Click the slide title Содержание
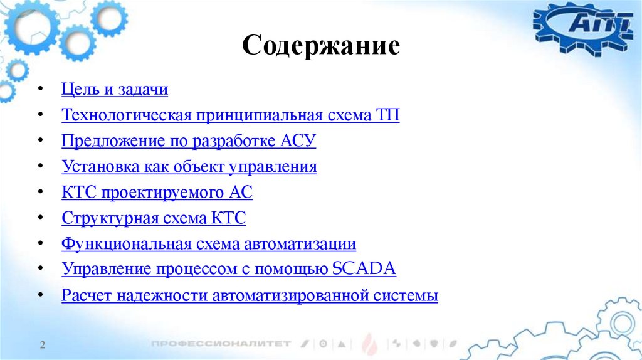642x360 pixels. (x=320, y=46)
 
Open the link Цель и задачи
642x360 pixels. (x=115, y=90)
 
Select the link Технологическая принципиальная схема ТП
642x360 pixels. (x=230, y=115)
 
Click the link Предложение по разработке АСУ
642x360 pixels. (x=189, y=141)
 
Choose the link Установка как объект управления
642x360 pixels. (x=189, y=167)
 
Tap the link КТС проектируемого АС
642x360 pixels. (x=157, y=193)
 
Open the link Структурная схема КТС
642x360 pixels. (x=154, y=218)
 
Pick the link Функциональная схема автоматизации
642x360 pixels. (x=209, y=244)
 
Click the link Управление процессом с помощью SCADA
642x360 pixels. (x=229, y=270)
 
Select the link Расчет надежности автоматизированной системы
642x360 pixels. (x=250, y=295)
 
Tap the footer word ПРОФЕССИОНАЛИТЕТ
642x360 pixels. (x=221, y=344)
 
